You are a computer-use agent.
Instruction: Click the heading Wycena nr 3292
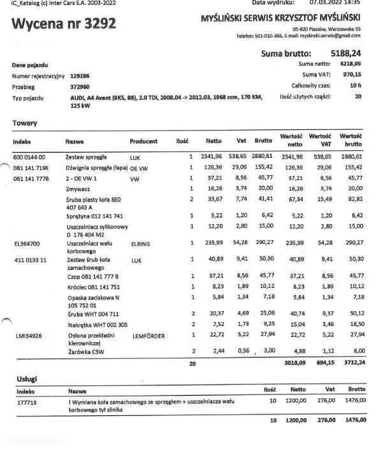coord(64,24)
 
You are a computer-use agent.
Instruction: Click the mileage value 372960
coord(79,87)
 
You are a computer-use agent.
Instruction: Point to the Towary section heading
coord(24,123)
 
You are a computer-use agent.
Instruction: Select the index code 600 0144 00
coord(29,156)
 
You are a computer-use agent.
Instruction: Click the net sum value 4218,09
coord(349,64)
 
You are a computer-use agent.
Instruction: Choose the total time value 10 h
coord(355,85)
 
